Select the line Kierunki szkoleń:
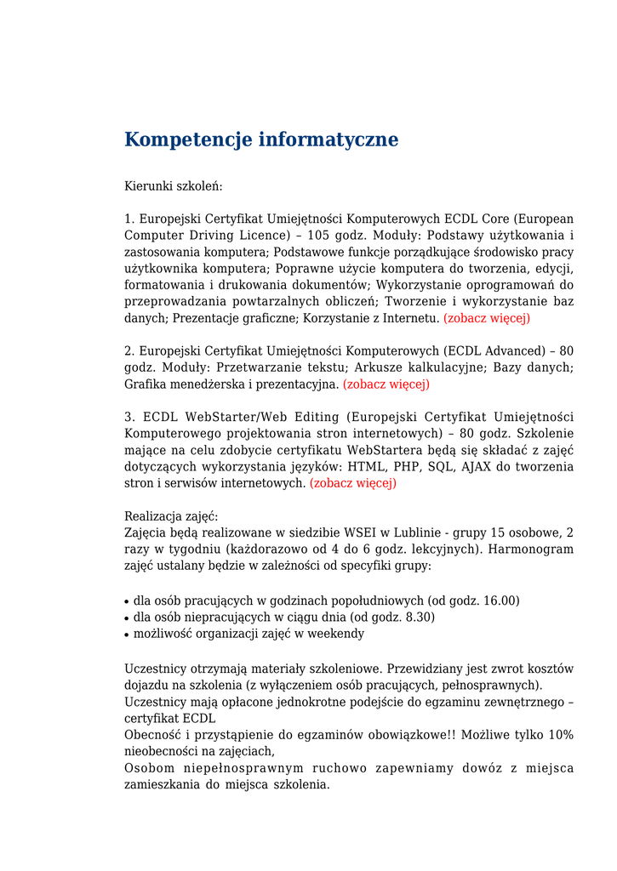click(173, 185)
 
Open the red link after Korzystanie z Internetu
click(487, 318)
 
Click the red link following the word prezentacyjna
click(386, 384)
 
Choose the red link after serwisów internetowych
click(353, 484)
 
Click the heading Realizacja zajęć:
click(171, 516)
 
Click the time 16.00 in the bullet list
click(500, 601)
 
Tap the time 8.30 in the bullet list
click(419, 617)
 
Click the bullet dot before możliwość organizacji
click(128, 635)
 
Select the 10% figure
click(560, 735)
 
